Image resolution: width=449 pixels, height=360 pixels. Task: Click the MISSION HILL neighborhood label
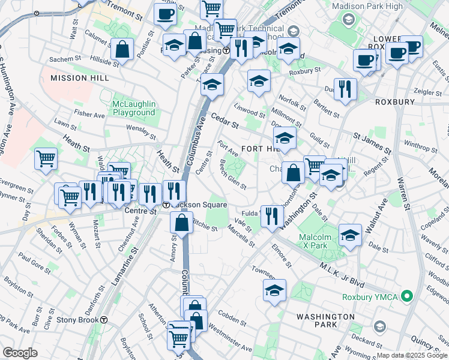click(x=80, y=78)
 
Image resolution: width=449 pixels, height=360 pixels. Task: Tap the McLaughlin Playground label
click(x=134, y=108)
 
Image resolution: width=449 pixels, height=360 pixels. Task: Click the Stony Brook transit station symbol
click(x=104, y=320)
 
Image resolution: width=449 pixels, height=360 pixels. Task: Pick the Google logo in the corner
click(x=20, y=353)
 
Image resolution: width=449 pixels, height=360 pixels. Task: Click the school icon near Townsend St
click(x=274, y=291)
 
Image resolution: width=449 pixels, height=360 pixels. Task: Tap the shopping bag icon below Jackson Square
click(x=181, y=223)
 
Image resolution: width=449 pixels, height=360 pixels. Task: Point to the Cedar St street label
click(x=224, y=121)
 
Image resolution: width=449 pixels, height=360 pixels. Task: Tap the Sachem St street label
click(x=65, y=59)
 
